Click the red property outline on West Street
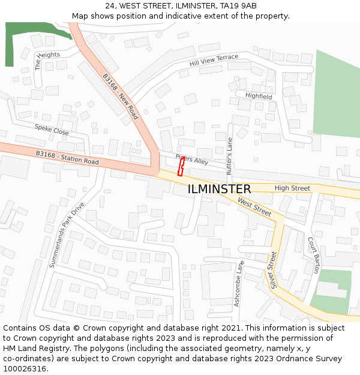[x=181, y=166]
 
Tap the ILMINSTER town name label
[x=219, y=190]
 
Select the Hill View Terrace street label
[x=214, y=60]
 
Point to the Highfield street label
[x=258, y=96]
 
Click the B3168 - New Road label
[x=121, y=96]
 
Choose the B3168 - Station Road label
[x=67, y=158]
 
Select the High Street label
[x=292, y=188]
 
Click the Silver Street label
[x=273, y=271]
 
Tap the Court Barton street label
[x=313, y=255]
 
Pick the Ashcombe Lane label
[x=239, y=283]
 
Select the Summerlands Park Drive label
[x=67, y=235]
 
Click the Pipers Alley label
[x=191, y=160]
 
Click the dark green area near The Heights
[x=18, y=42]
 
